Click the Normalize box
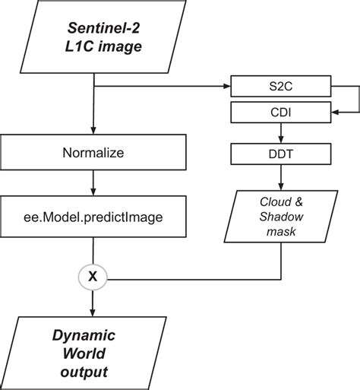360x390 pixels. click(93, 153)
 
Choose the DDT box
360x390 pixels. click(282, 154)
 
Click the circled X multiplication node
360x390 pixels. click(93, 277)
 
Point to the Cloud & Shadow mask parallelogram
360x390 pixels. click(281, 218)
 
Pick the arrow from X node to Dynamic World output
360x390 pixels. click(93, 304)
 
